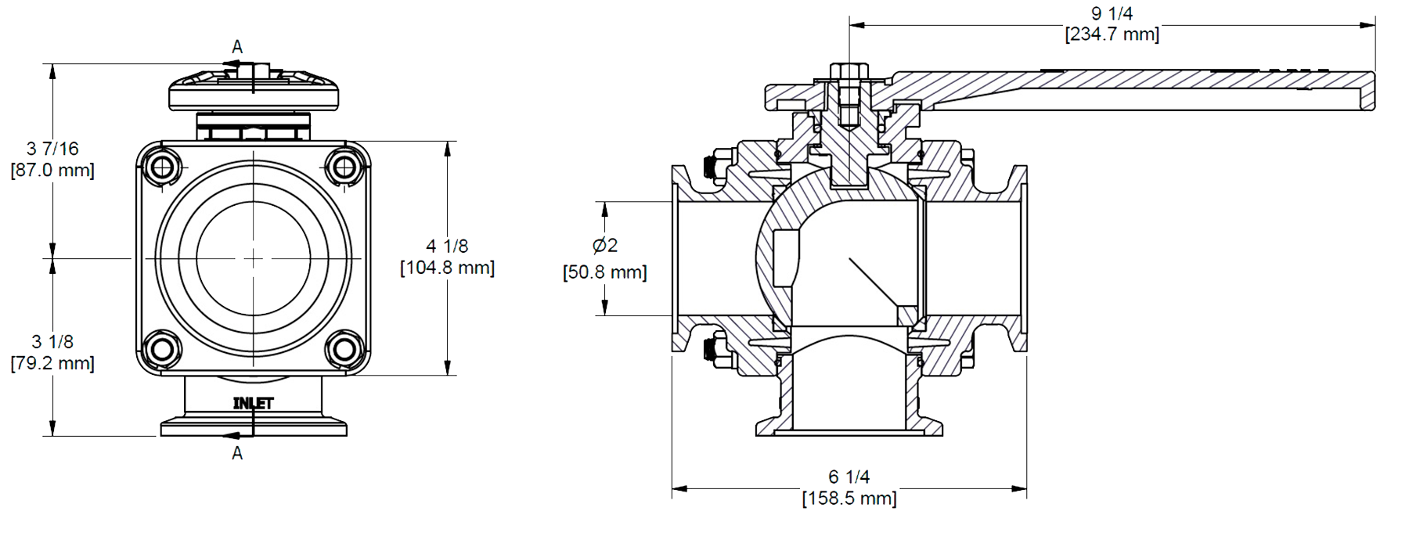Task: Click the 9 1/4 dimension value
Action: (x=1112, y=14)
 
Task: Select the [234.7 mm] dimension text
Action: (x=1112, y=34)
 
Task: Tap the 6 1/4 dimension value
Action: (x=849, y=477)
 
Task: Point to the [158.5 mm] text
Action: (x=849, y=498)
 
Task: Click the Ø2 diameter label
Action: (x=605, y=246)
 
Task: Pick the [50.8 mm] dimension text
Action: (x=605, y=272)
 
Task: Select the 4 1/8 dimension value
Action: (x=447, y=247)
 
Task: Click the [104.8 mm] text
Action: (x=447, y=268)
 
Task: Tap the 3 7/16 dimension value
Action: (x=52, y=149)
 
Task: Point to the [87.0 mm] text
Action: (x=52, y=170)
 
